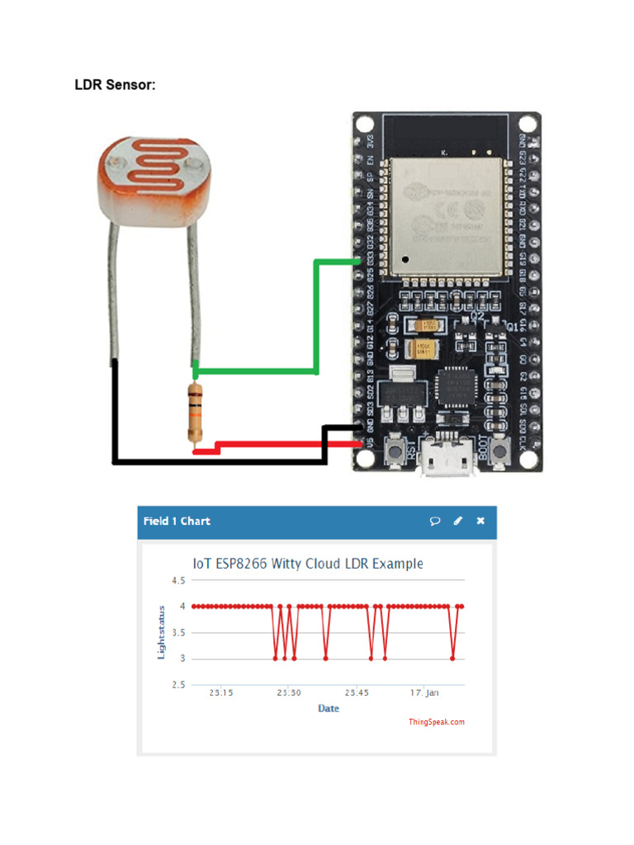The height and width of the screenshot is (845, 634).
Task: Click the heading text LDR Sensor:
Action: tap(115, 85)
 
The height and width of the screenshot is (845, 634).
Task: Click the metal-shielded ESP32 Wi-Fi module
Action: tap(447, 214)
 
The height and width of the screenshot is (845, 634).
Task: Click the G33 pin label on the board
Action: tap(371, 258)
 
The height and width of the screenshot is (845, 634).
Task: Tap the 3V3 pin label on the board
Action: tap(371, 142)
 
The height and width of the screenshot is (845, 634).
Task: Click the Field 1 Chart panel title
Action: tap(177, 521)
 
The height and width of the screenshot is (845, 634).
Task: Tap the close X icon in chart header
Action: tap(480, 521)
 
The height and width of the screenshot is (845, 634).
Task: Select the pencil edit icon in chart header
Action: tap(458, 521)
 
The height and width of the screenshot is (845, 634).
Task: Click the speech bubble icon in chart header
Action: tap(435, 521)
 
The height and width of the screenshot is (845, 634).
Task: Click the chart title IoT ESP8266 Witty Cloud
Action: tap(307, 564)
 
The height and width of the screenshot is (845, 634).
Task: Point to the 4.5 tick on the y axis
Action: tap(178, 581)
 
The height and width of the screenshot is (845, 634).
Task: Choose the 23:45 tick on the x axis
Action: tap(357, 692)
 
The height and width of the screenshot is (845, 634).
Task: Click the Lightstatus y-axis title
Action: tap(162, 633)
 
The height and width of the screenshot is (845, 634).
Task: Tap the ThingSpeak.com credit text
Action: tap(437, 722)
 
